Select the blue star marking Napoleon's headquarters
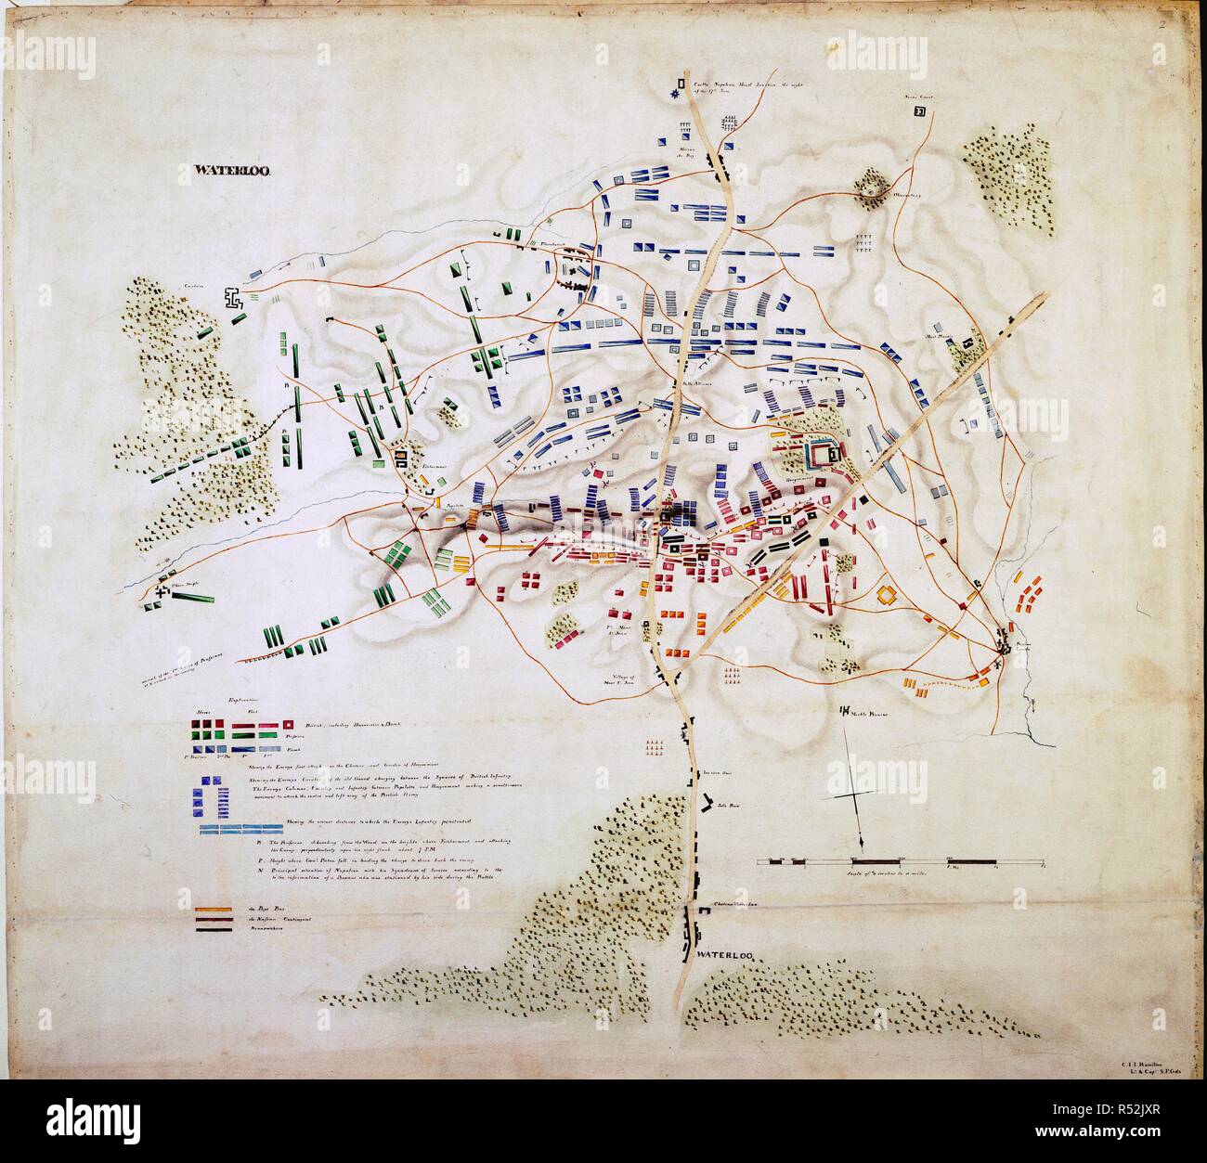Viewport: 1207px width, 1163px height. [676, 94]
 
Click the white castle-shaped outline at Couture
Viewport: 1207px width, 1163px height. [231, 298]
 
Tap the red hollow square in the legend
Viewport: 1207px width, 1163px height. [289, 722]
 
